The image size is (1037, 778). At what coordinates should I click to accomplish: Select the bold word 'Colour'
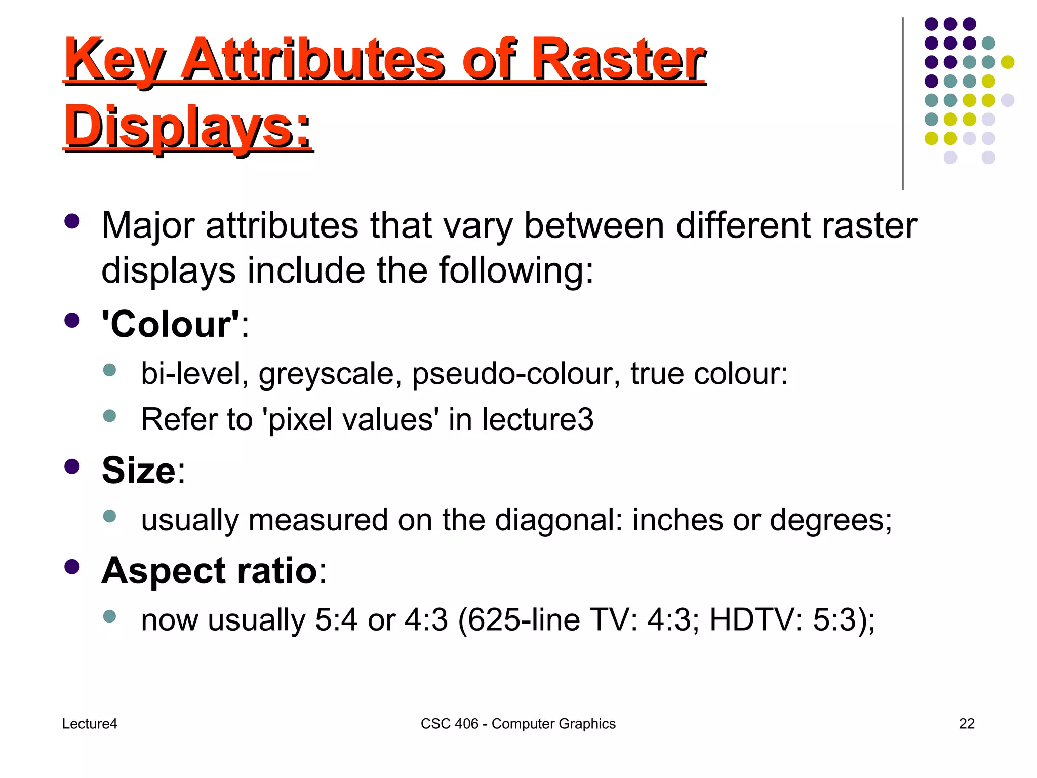(170, 324)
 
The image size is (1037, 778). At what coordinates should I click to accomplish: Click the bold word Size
(139, 471)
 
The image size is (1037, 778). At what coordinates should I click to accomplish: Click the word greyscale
(331, 375)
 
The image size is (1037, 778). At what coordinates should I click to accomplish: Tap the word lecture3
(537, 419)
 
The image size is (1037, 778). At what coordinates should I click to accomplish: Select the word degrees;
(831, 521)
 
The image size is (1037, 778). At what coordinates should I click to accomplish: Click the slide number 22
(967, 724)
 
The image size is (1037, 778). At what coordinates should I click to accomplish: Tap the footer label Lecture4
(90, 724)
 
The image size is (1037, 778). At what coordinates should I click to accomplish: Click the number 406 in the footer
(466, 724)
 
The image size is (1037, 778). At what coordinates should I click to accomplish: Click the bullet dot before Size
(72, 466)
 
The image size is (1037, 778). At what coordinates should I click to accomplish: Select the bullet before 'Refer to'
(109, 416)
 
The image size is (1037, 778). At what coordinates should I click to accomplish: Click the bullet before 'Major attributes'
(72, 221)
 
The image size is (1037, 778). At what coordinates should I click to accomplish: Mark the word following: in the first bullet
(516, 270)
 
